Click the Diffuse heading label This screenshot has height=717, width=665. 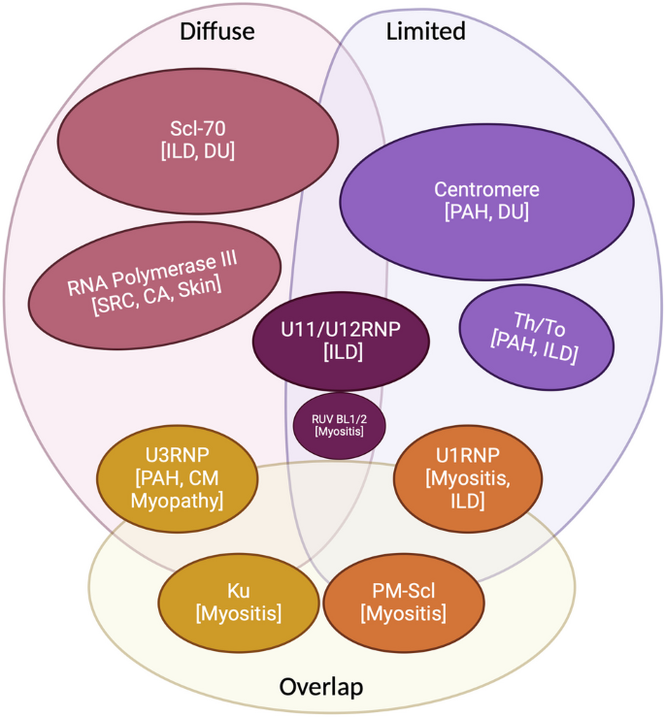(216, 31)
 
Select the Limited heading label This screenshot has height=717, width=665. (425, 31)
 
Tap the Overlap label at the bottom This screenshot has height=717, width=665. (321, 687)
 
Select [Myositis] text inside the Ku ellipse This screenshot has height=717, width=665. (239, 613)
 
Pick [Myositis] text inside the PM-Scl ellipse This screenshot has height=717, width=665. (403, 613)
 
